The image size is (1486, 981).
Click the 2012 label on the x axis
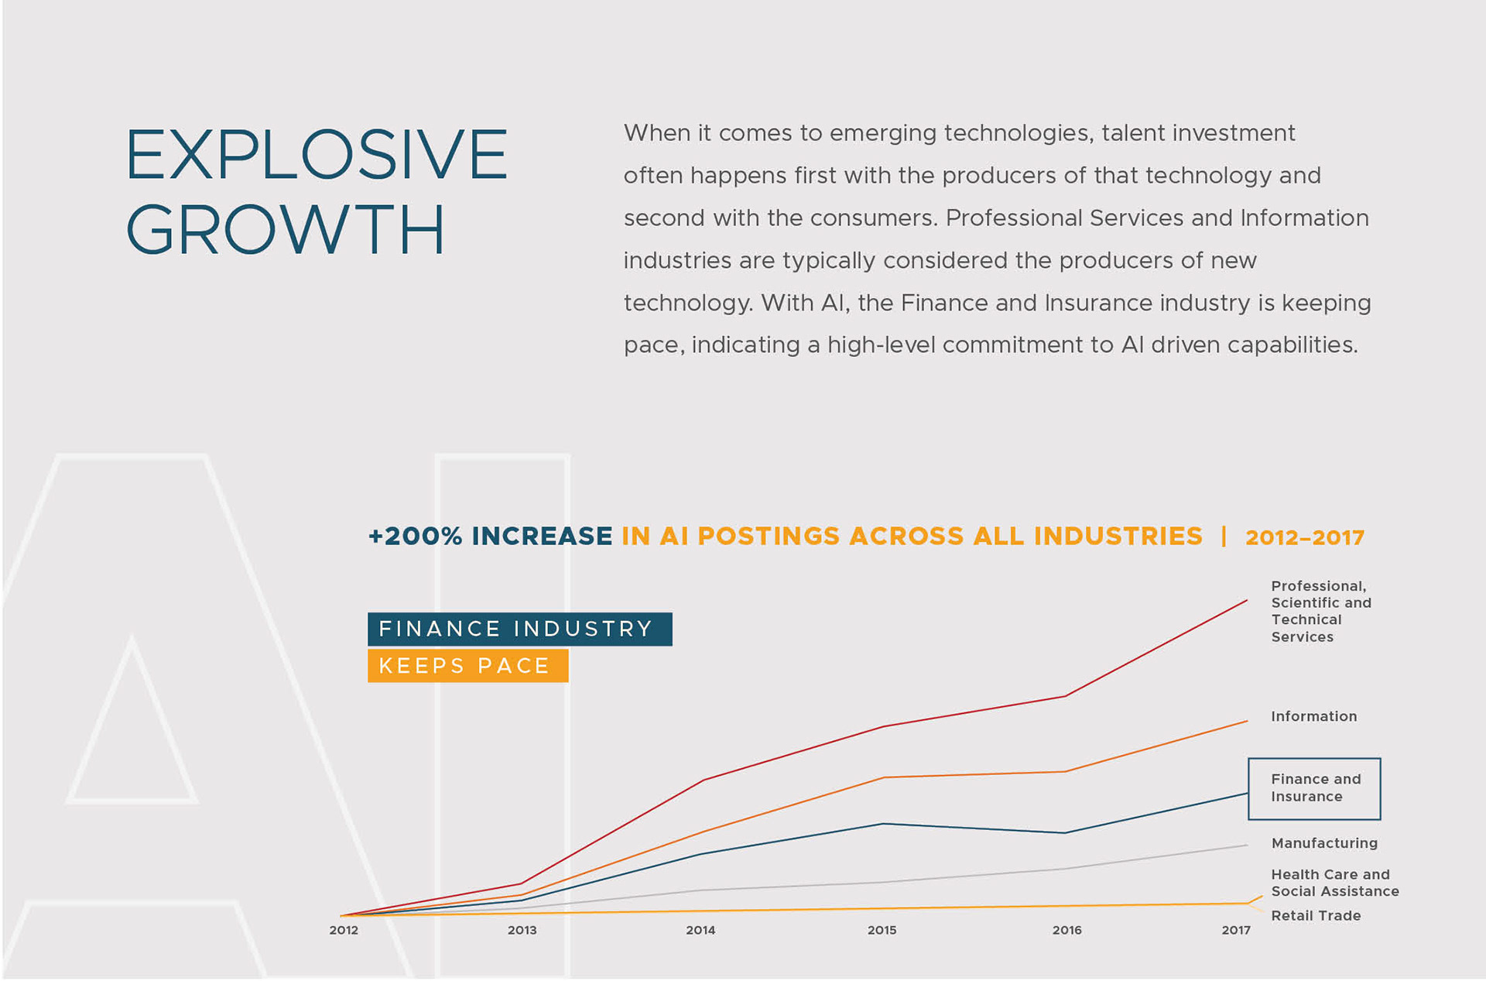pyautogui.click(x=344, y=930)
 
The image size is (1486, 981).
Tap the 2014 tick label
pyautogui.click(x=700, y=930)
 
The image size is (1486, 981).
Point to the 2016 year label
pyautogui.click(x=1067, y=930)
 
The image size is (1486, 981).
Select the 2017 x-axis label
pyautogui.click(x=1236, y=930)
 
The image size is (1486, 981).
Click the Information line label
pyautogui.click(x=1313, y=716)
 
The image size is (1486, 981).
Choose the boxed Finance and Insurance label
pyautogui.click(x=1314, y=788)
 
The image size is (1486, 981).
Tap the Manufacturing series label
pyautogui.click(x=1324, y=843)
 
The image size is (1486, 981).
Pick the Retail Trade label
pyautogui.click(x=1316, y=915)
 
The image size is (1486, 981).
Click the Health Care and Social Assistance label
pyautogui.click(x=1334, y=883)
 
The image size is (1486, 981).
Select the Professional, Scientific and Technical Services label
pyautogui.click(x=1320, y=611)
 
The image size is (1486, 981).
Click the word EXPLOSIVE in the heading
pyautogui.click(x=317, y=155)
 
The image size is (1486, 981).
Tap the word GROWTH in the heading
pyautogui.click(x=286, y=230)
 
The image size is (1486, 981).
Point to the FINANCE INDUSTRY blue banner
pyautogui.click(x=519, y=629)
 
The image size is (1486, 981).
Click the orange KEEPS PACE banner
pyautogui.click(x=467, y=666)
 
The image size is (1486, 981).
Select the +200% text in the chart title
pyautogui.click(x=415, y=536)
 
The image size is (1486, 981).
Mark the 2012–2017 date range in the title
pyautogui.click(x=1304, y=537)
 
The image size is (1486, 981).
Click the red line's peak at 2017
pyautogui.click(x=1246, y=601)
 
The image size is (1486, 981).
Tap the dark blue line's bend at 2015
pyautogui.click(x=883, y=824)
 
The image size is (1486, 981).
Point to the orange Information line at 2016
pyautogui.click(x=1066, y=771)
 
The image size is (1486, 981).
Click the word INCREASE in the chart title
pyautogui.click(x=542, y=536)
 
